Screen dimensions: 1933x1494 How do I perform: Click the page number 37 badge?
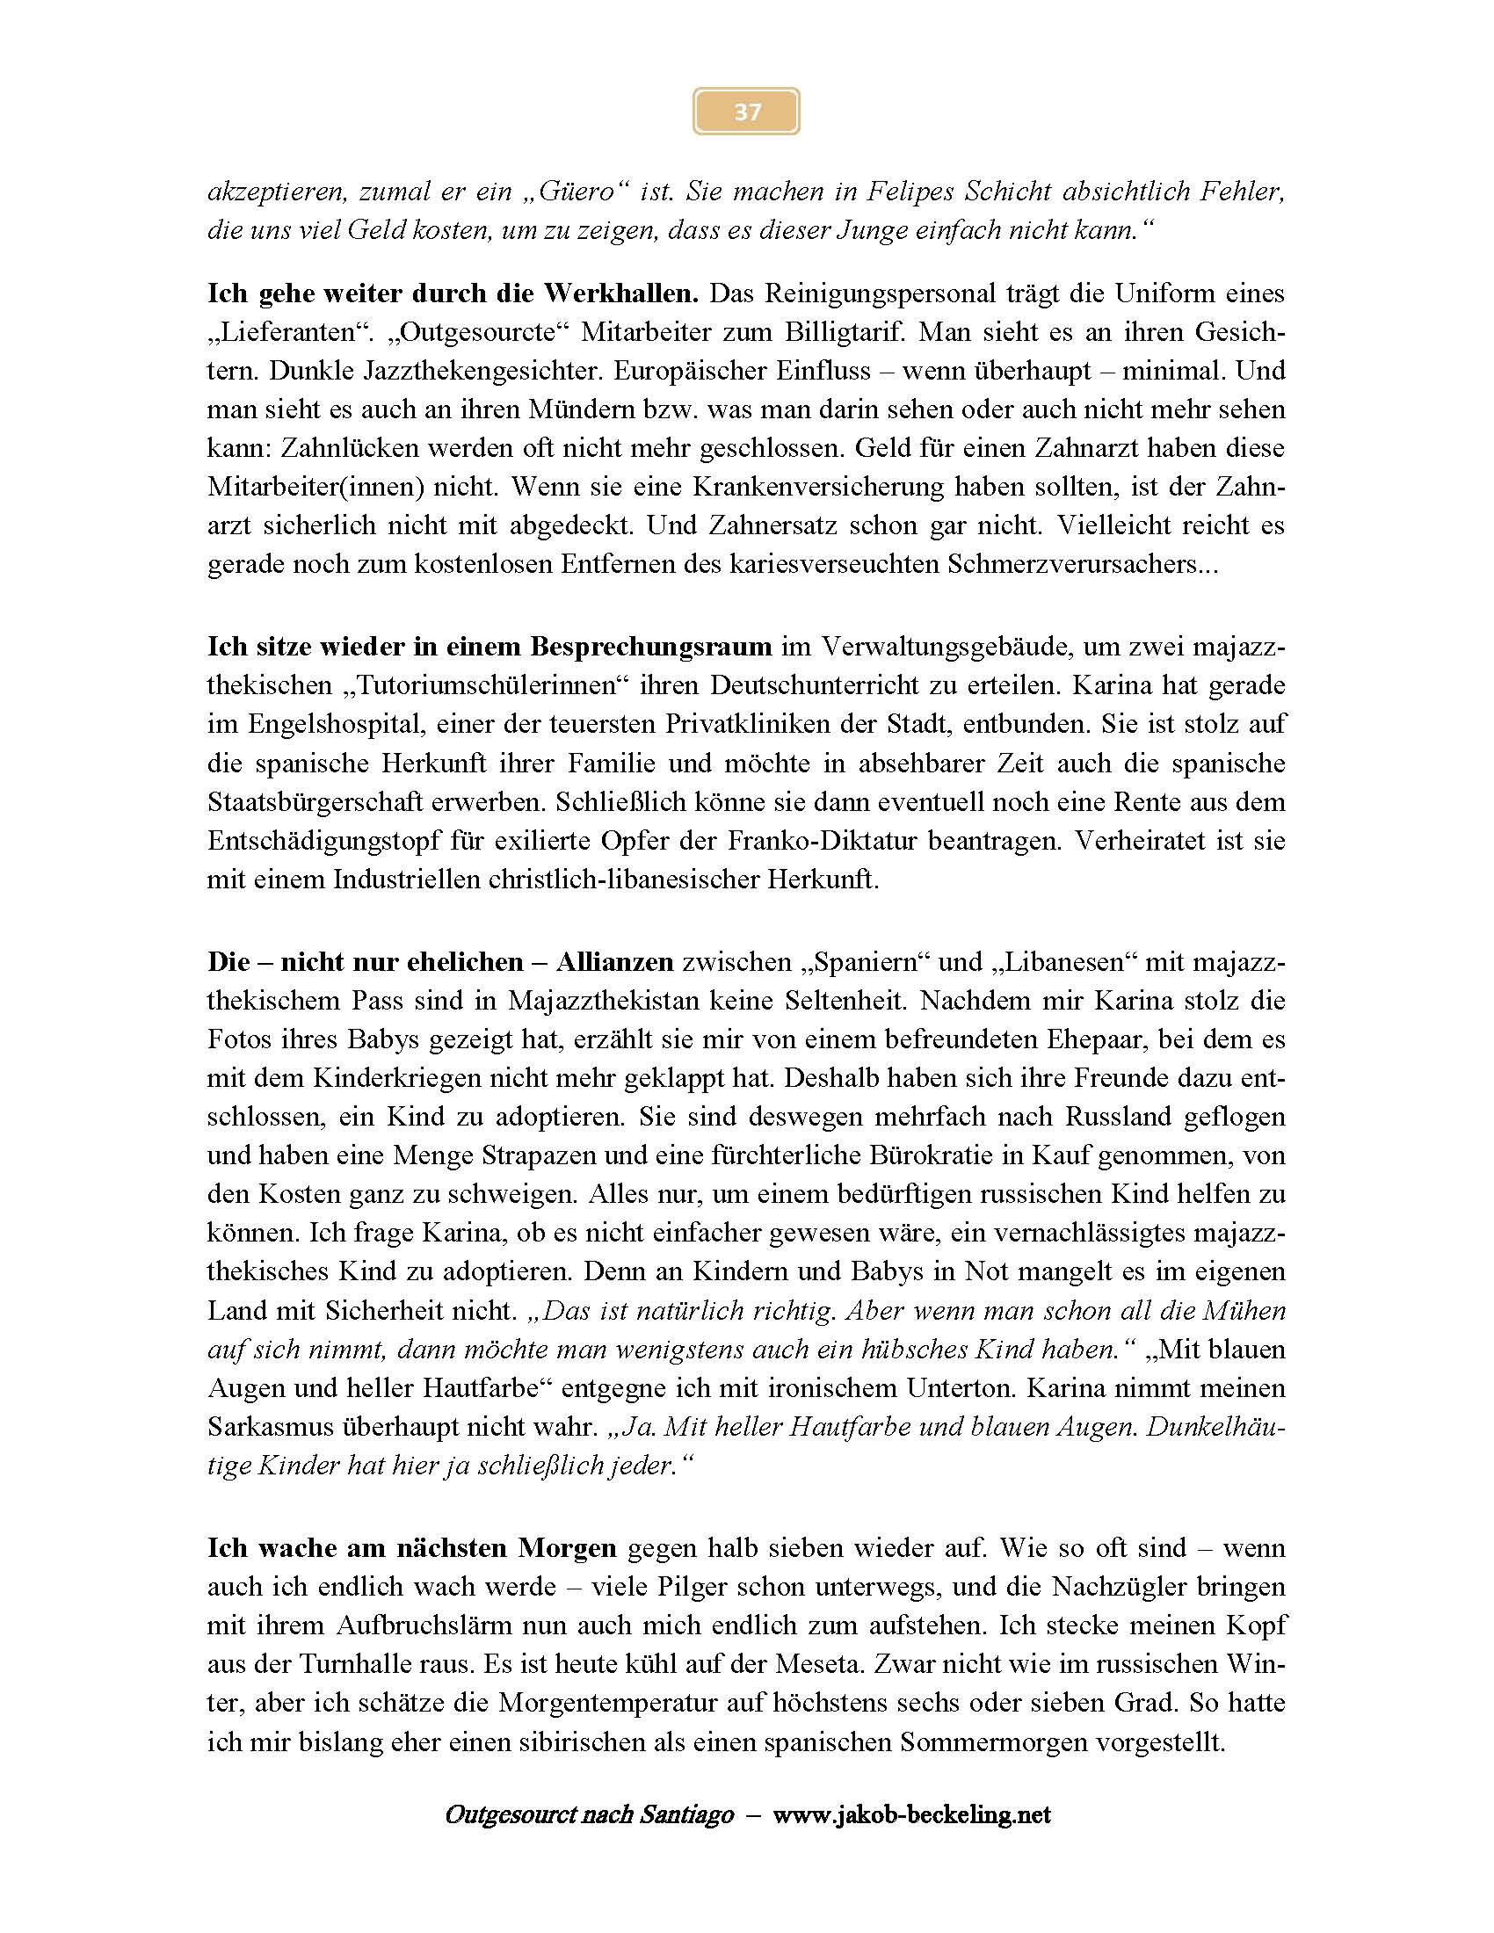point(746,112)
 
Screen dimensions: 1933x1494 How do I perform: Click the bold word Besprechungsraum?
point(650,646)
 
